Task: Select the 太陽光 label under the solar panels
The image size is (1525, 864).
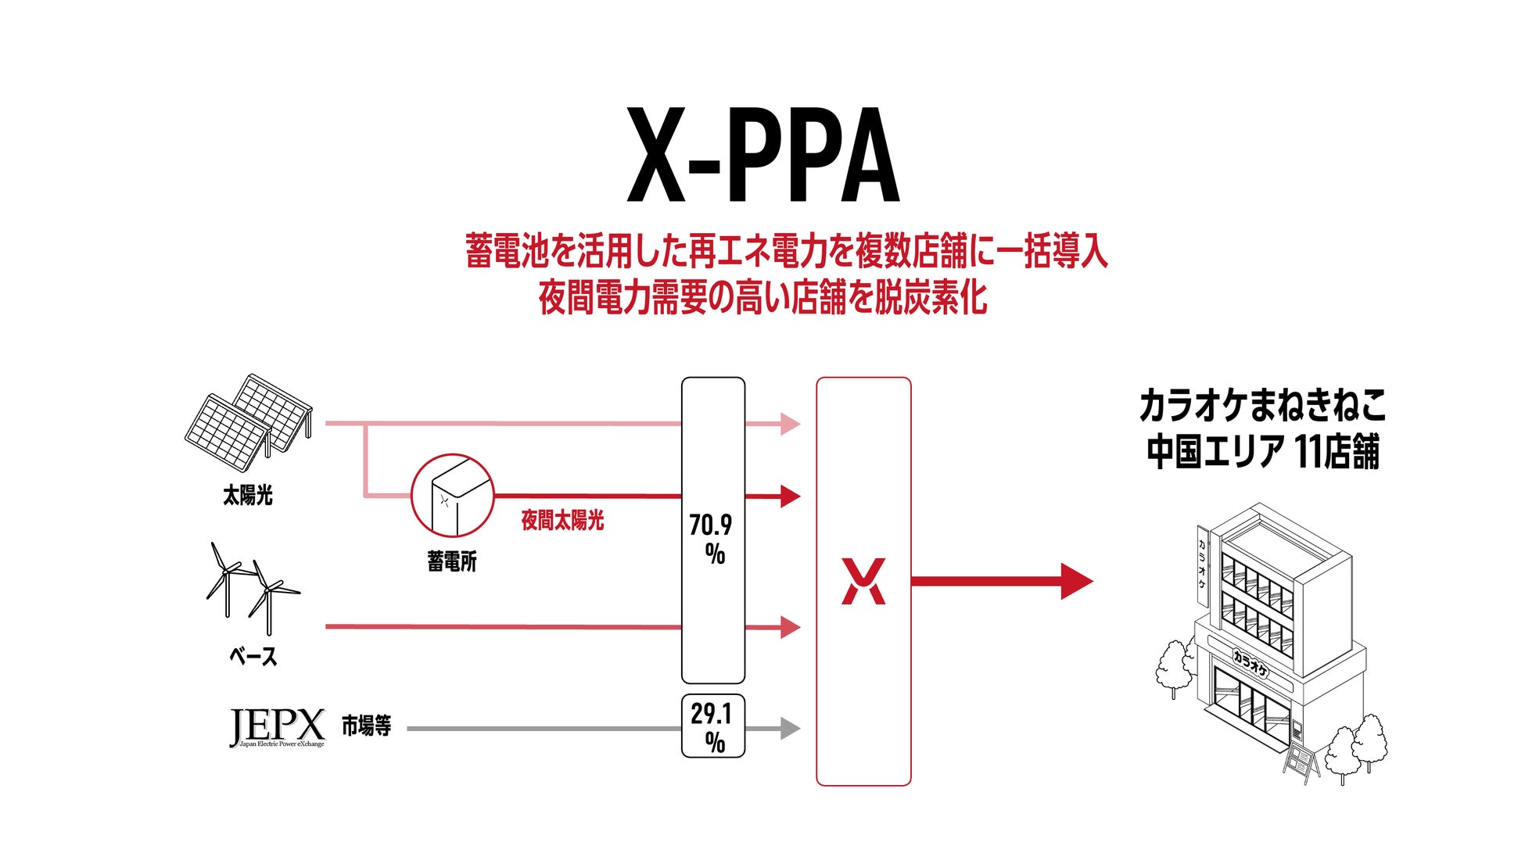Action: click(x=248, y=495)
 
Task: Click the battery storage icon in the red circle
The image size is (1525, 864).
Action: click(x=452, y=496)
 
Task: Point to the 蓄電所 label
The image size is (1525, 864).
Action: click(x=452, y=561)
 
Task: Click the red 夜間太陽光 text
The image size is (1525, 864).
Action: click(x=562, y=521)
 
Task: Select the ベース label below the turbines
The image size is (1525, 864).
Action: click(x=253, y=656)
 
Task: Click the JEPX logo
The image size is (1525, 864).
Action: click(x=277, y=727)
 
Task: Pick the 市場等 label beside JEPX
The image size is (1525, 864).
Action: click(x=366, y=726)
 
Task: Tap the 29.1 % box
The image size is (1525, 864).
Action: click(x=712, y=726)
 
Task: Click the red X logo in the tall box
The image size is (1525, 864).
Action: click(x=863, y=581)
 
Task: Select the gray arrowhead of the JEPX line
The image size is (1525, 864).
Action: click(x=790, y=729)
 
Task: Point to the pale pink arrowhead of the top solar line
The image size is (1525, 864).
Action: click(x=790, y=424)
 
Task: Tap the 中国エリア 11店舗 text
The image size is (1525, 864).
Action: click(x=1262, y=451)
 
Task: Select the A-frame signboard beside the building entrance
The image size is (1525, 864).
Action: click(x=1299, y=763)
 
